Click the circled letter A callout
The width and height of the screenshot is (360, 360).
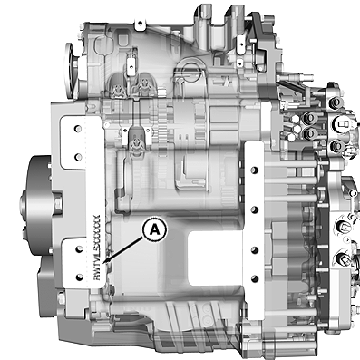(x=155, y=230)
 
